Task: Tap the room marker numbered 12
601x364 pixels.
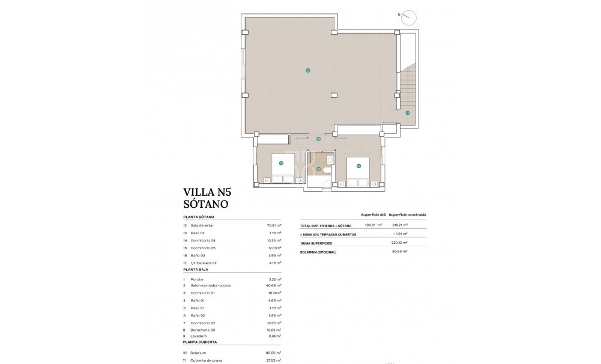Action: click(307, 70)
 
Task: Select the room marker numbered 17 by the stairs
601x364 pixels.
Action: click(407, 112)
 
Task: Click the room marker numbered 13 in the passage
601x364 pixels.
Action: click(318, 139)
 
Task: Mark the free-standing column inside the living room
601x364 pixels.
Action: click(334, 94)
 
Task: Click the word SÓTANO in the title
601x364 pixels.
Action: click(206, 204)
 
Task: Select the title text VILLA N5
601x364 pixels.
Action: click(207, 192)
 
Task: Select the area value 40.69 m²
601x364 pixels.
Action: click(274, 285)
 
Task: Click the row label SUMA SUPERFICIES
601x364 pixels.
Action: click(316, 243)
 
